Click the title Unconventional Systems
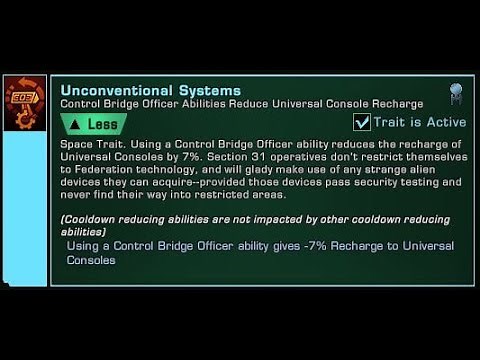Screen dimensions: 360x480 click(x=150, y=90)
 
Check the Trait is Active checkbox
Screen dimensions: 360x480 click(x=363, y=122)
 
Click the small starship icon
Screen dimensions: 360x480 click(x=455, y=92)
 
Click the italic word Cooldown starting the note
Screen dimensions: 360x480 click(x=91, y=220)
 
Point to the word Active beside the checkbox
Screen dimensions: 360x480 click(x=445, y=122)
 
